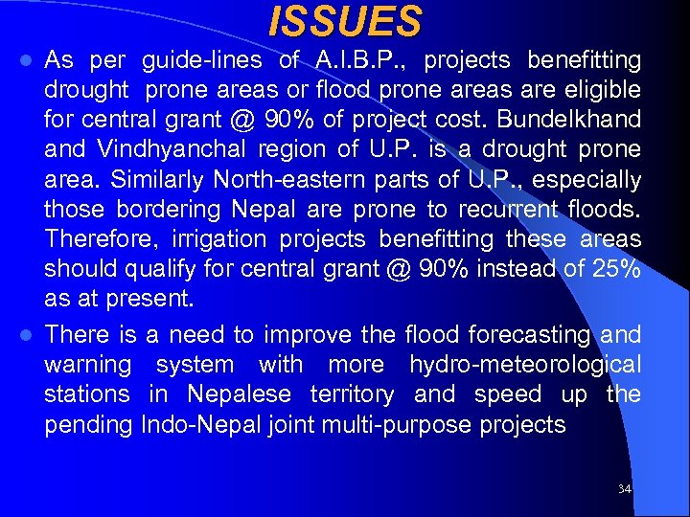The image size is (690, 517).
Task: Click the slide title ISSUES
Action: (345, 21)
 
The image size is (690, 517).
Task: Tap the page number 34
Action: (625, 489)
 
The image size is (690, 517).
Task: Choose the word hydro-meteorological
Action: (525, 365)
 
